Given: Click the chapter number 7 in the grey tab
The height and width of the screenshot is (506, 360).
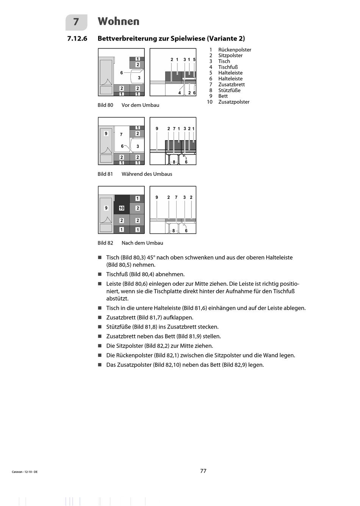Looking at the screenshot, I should click(x=76, y=22).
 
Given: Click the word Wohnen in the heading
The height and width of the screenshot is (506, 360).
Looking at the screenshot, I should click(x=119, y=22).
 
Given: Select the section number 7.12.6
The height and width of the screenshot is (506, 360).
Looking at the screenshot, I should click(x=77, y=38).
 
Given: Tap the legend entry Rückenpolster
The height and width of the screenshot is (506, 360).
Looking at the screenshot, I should click(x=235, y=50).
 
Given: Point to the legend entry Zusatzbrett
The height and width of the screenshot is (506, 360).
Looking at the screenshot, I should click(x=231, y=85).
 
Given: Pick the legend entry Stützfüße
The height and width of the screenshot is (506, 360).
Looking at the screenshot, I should click(x=229, y=90).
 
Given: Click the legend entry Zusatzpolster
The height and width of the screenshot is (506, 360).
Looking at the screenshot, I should click(x=234, y=102).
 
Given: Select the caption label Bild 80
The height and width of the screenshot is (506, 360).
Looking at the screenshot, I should click(x=105, y=105).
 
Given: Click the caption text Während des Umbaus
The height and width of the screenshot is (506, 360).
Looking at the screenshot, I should click(x=147, y=174).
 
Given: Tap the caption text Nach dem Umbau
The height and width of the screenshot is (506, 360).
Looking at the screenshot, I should click(x=142, y=243).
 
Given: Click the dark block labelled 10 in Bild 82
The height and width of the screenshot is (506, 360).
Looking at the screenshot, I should click(x=122, y=208).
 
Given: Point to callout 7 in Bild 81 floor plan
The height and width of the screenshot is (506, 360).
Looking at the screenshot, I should click(x=121, y=135).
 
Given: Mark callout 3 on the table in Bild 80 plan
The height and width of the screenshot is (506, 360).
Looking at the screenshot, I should click(x=139, y=78).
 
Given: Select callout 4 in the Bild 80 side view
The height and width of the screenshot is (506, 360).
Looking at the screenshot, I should click(x=180, y=93).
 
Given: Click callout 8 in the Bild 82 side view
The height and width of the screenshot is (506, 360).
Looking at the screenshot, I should click(x=174, y=231).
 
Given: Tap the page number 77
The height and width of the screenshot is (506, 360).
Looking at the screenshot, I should click(x=203, y=471).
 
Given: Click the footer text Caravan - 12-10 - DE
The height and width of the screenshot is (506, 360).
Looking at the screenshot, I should click(x=25, y=472).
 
